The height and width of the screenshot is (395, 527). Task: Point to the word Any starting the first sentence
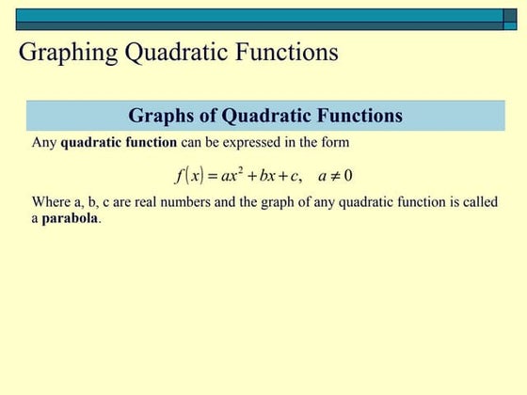click(44, 143)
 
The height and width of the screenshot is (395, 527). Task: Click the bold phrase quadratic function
click(119, 143)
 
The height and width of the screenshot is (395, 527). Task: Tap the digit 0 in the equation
click(349, 175)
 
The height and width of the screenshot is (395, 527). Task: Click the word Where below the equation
click(50, 202)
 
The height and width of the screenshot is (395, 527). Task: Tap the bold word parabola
click(70, 218)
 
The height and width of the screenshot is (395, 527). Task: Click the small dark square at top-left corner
click(8, 15)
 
